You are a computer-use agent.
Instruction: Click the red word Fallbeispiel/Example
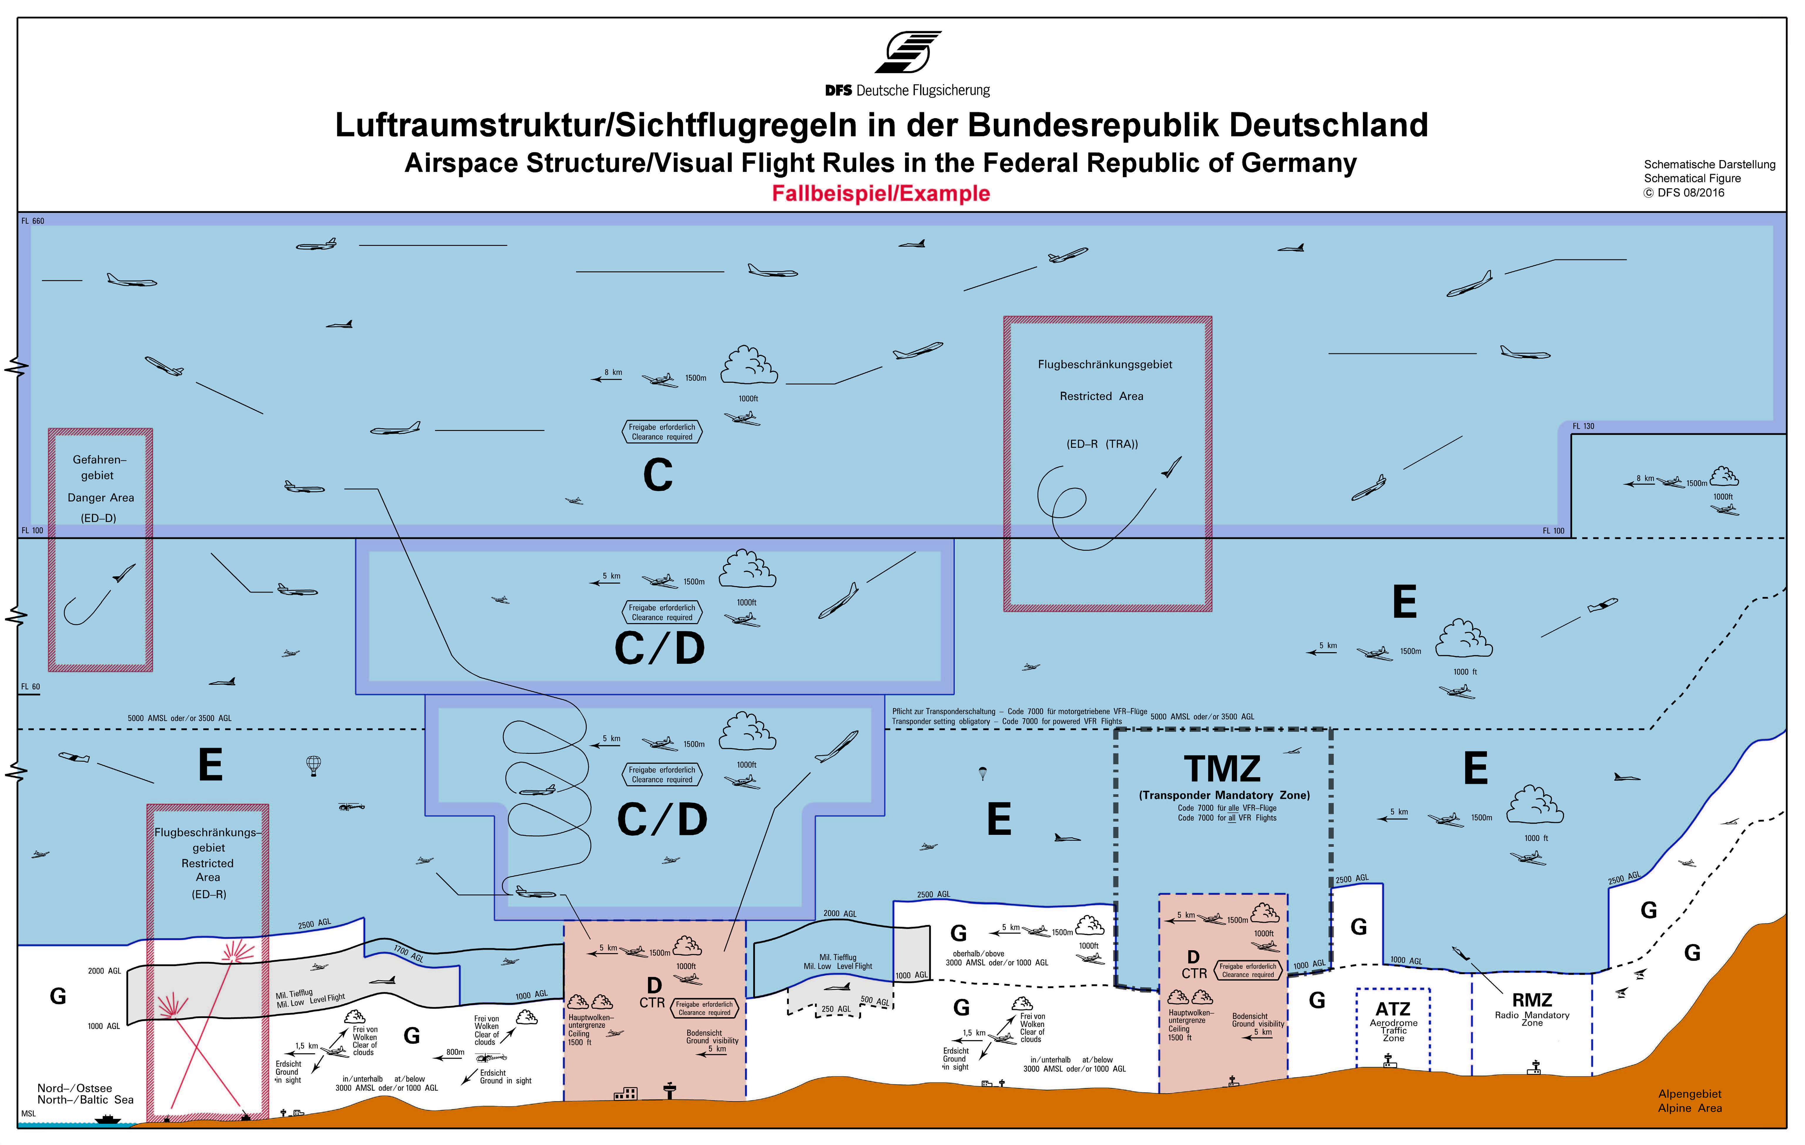(881, 193)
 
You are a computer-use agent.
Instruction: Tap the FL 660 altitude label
(33, 221)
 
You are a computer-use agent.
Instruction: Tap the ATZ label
(1393, 1009)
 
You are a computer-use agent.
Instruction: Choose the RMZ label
(1531, 1000)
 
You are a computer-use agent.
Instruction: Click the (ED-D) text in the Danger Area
(99, 518)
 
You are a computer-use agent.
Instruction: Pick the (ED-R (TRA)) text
(1102, 444)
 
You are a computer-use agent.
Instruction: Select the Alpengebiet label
(1690, 1094)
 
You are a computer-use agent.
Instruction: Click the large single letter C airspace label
(657, 475)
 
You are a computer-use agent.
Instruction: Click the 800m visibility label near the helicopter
(455, 1052)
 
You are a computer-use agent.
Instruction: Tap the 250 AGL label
(836, 1009)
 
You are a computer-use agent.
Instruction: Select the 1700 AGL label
(409, 953)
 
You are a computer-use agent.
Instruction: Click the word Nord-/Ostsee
(75, 1088)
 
